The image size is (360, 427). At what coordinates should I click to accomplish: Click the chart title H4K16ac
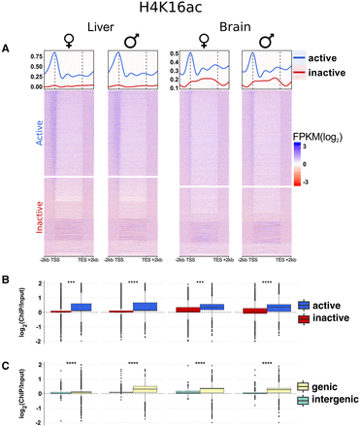point(181,9)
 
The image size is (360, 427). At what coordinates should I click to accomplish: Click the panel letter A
point(8,49)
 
